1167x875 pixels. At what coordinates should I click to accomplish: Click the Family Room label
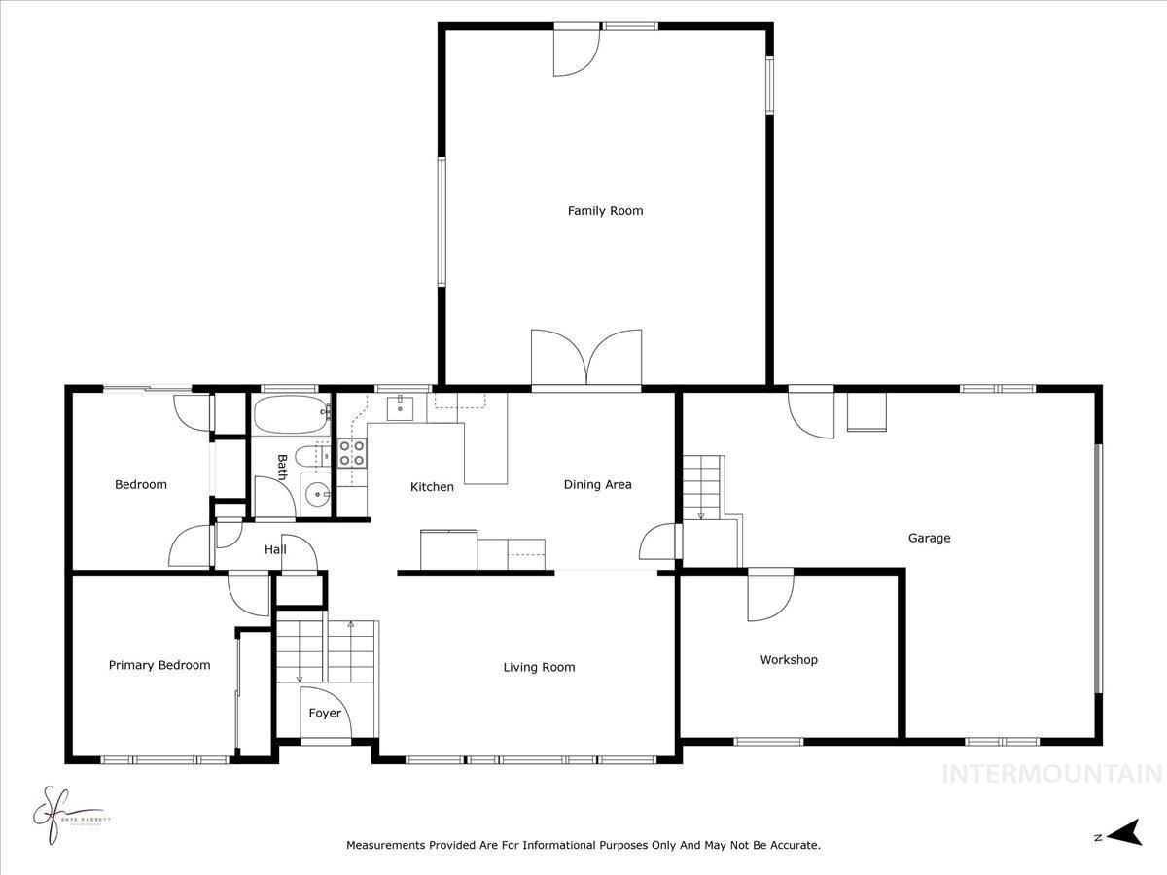point(605,210)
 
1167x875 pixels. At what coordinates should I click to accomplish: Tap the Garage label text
point(929,538)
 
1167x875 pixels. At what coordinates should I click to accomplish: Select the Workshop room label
point(789,659)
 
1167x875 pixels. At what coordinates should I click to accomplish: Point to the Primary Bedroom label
point(159,665)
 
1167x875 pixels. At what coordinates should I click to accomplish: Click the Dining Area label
point(597,484)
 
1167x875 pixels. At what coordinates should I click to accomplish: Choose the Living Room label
point(539,667)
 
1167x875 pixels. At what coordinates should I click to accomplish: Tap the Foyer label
point(325,713)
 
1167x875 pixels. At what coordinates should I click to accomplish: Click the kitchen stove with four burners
point(352,453)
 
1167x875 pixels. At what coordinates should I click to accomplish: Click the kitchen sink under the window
point(400,407)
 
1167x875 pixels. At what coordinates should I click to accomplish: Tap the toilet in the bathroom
point(309,457)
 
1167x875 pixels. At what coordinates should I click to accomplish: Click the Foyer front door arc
point(320,715)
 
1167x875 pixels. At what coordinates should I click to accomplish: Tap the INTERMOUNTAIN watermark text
point(1052,774)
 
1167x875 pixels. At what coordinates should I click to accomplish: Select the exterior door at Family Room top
point(574,49)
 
